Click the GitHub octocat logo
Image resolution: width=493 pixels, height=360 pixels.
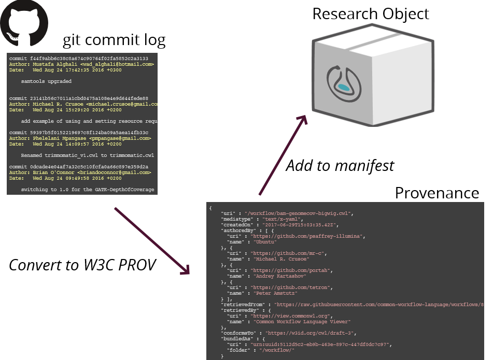[24, 24]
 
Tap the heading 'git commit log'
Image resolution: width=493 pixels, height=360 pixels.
[114, 40]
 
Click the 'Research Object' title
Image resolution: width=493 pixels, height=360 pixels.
[370, 13]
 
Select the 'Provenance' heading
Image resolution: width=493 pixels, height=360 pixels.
[436, 193]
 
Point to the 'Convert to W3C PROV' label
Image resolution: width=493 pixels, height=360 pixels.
[82, 265]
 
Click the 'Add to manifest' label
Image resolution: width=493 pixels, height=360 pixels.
[340, 166]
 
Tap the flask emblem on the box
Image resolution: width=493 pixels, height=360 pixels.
[343, 83]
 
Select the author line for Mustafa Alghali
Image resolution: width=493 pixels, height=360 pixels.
[81, 64]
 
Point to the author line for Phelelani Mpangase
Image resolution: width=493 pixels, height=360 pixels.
[80, 138]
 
